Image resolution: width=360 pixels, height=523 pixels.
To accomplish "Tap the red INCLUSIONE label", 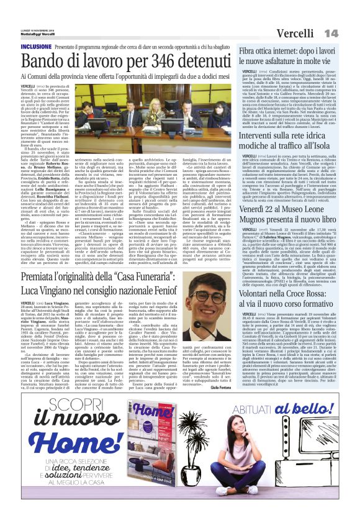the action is pyautogui.click(x=36, y=47).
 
